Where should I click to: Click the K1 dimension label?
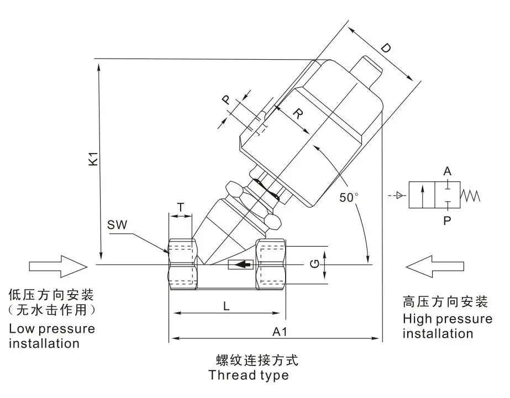point(93,158)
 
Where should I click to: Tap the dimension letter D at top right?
point(386,49)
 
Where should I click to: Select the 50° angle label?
point(349,197)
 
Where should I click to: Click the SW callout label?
point(117,224)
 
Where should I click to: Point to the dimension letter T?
point(181,207)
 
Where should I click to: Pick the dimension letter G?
point(314,263)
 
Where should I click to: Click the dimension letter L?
point(227,306)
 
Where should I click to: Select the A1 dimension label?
point(280,332)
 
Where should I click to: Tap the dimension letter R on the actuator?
point(298,113)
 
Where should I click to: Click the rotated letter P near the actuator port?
point(227,99)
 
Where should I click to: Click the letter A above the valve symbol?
point(447,171)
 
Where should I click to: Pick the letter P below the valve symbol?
point(447,221)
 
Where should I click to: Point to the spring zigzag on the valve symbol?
point(470,195)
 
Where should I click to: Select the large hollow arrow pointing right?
point(58,266)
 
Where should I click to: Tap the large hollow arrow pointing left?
point(435,266)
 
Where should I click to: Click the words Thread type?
point(249,375)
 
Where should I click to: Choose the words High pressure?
point(448,319)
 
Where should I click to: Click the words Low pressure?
point(52,329)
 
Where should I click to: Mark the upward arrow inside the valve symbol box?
point(422,195)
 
